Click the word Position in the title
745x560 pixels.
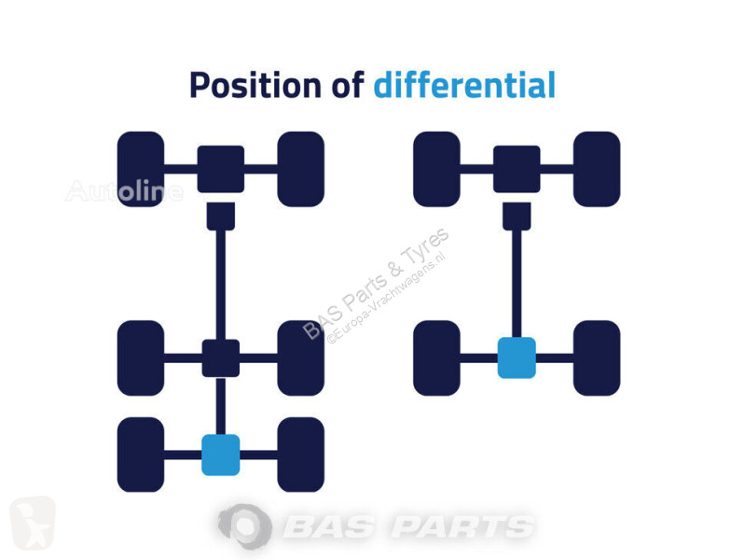point(255,86)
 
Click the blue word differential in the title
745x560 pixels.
point(464,85)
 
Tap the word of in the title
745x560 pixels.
point(347,85)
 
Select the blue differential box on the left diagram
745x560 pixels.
point(220,455)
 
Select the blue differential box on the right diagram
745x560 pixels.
point(517,357)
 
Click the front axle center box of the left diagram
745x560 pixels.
point(220,169)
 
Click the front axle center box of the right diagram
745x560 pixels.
point(517,169)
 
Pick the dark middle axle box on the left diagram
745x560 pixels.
point(220,358)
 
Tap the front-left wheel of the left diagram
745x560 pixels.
point(141,169)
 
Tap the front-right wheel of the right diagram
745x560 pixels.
point(597,169)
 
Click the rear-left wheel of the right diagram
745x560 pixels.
point(436,357)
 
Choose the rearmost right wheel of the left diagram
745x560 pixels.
point(301,455)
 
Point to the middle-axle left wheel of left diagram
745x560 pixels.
point(141,357)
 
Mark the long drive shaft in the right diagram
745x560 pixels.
point(517,284)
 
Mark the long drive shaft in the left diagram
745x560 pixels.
point(220,285)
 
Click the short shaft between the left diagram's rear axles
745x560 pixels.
point(220,406)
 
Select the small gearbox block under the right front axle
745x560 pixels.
point(517,217)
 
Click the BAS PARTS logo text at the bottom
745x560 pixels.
point(408,527)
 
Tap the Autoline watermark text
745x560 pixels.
point(125,190)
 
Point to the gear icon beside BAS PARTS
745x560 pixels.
point(244,526)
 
